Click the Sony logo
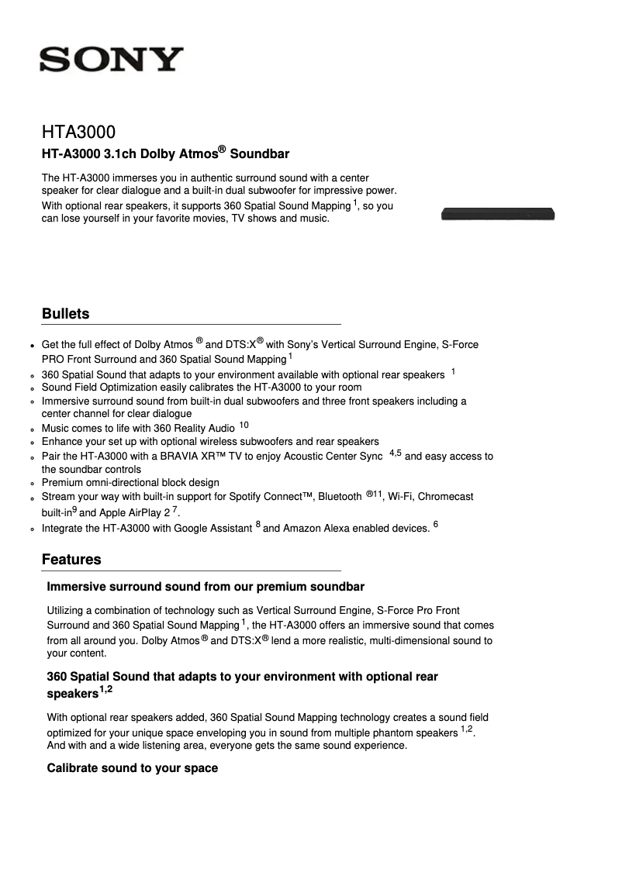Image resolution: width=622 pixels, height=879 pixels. pos(112,60)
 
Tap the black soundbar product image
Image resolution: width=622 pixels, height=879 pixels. pos(498,214)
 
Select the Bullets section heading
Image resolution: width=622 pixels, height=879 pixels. pos(66,314)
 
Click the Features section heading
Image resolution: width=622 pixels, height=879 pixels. pos(71,560)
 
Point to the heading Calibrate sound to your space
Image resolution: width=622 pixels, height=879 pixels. pos(133,768)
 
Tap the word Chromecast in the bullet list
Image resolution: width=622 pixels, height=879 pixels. pos(445,497)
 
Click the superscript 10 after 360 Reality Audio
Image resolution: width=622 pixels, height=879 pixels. pos(244,426)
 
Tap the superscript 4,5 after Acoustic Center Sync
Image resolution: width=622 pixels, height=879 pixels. pos(395,453)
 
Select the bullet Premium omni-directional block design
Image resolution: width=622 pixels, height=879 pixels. pos(130,483)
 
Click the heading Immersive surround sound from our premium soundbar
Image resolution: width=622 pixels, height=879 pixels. pos(206,587)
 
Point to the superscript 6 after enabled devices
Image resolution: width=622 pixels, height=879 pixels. pos(436,526)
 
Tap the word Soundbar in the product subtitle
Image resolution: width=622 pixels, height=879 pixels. pos(264,154)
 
